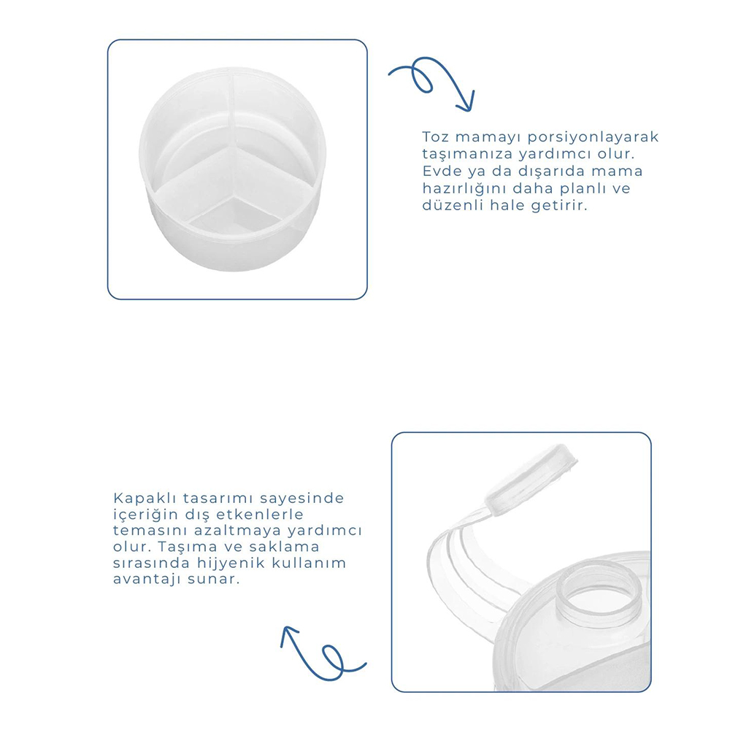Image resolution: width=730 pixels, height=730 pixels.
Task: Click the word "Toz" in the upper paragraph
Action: click(x=435, y=137)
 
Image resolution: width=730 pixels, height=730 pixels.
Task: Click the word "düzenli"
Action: click(x=453, y=205)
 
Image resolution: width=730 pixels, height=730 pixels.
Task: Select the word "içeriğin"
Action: click(x=145, y=515)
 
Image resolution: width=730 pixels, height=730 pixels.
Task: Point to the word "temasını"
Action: click(x=150, y=531)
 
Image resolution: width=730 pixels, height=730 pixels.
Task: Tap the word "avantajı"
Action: click(x=147, y=580)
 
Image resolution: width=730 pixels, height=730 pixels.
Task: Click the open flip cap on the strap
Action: click(x=531, y=480)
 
